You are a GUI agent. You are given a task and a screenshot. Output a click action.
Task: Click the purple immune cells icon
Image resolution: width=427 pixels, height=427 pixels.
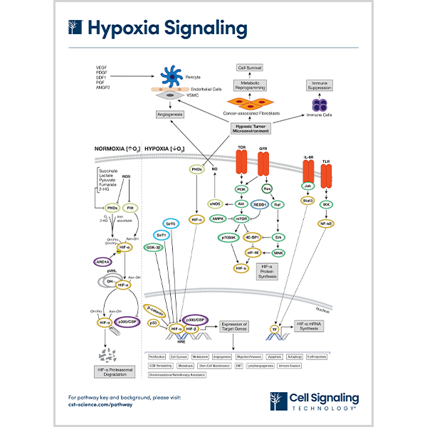tap(320, 105)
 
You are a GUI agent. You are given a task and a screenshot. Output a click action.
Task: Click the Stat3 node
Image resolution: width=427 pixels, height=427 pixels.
tap(308, 201)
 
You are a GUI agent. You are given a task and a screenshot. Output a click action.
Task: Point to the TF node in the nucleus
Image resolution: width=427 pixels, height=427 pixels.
tap(274, 330)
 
